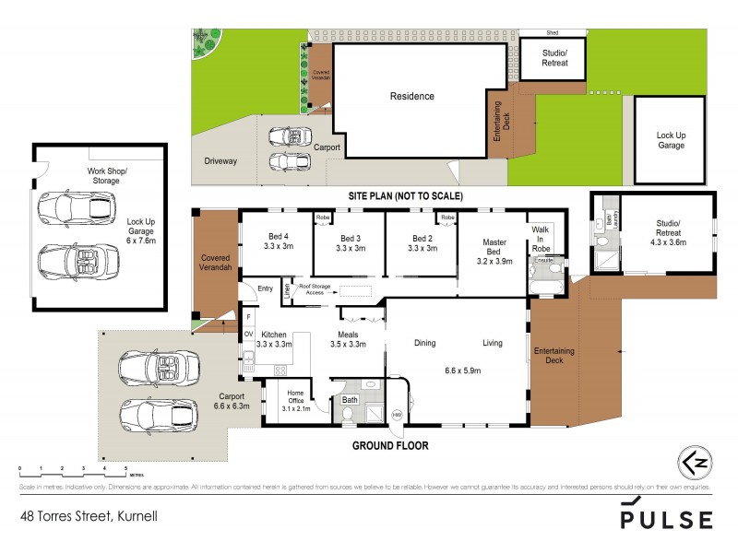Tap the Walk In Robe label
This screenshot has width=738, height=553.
540,241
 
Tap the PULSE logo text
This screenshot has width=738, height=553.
666,519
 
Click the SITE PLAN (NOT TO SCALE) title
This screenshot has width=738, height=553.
405,196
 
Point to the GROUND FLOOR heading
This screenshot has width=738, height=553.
390,445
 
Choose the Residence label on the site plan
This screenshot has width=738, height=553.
411,96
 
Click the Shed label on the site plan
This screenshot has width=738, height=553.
553,34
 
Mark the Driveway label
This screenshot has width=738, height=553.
220,160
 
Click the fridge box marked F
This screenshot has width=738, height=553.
248,317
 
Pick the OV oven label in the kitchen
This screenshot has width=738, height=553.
248,335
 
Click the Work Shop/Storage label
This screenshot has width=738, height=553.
103,176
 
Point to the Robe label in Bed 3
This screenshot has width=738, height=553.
323,218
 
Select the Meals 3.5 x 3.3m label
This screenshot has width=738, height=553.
349,339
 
